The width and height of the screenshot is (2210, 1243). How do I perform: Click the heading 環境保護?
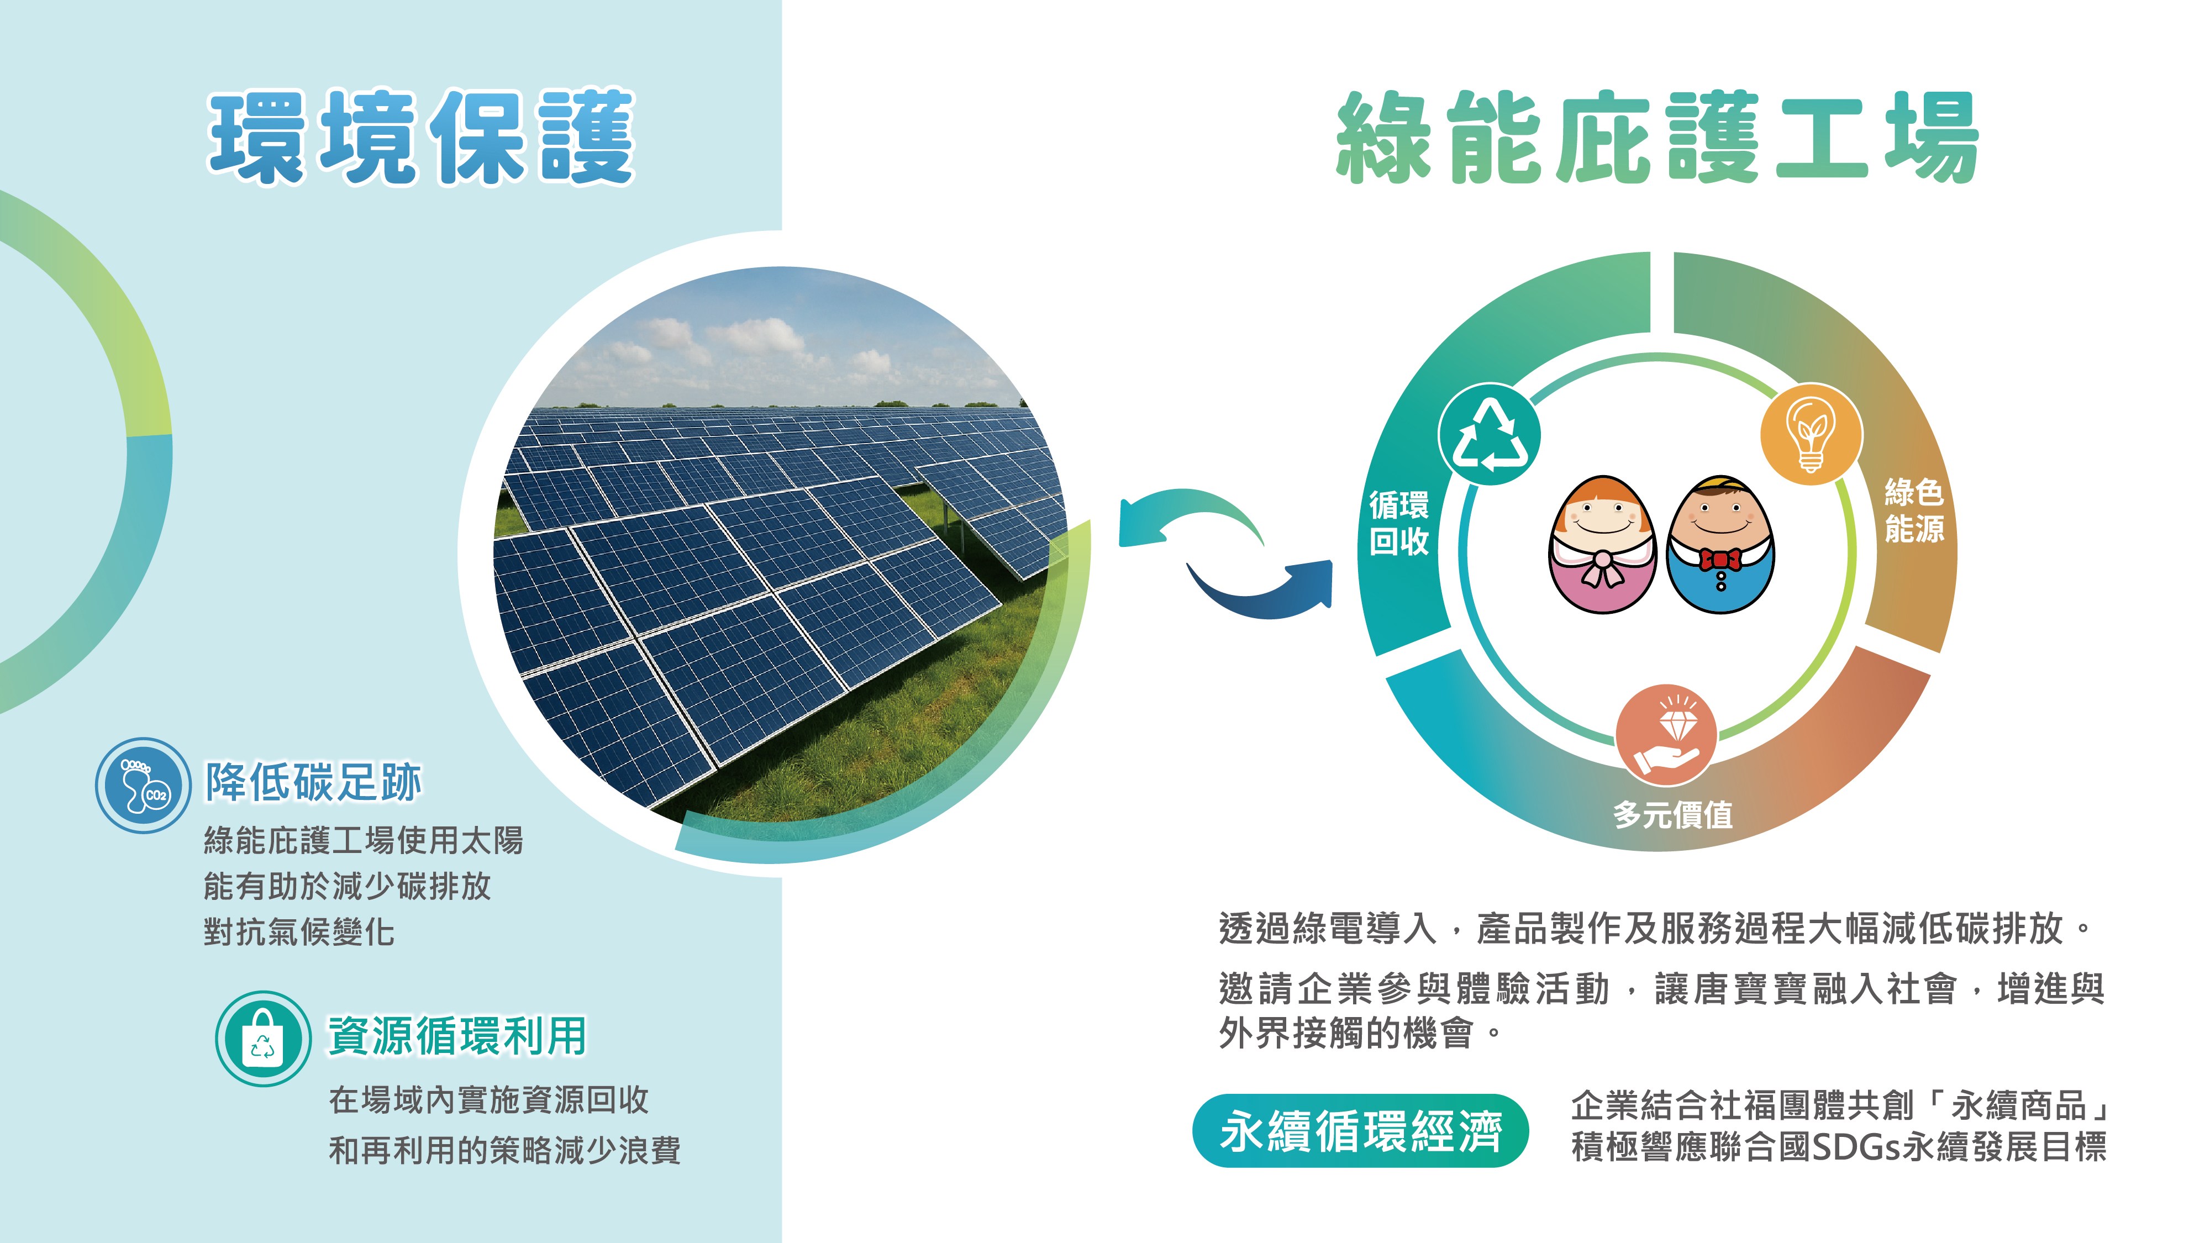(x=421, y=137)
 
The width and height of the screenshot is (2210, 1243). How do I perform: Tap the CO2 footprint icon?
(x=143, y=785)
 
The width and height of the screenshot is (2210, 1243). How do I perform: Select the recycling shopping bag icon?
(x=262, y=1038)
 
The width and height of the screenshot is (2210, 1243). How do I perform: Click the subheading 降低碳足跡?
(x=313, y=782)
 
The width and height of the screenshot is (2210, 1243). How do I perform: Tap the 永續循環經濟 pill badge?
(x=1361, y=1131)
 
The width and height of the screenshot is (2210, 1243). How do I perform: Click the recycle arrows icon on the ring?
(x=1490, y=434)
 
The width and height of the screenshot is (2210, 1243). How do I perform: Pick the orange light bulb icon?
(x=1811, y=434)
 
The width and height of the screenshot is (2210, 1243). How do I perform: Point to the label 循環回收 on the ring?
(x=1398, y=523)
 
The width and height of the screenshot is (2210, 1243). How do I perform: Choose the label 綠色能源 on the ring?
(x=1914, y=510)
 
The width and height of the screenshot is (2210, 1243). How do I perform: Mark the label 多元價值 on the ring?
(x=1673, y=814)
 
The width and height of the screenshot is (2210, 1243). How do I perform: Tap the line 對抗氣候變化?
(x=298, y=931)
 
